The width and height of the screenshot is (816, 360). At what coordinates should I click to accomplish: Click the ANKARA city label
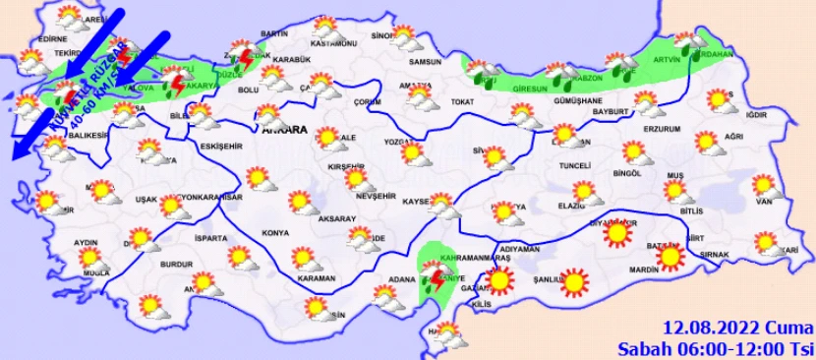(284, 129)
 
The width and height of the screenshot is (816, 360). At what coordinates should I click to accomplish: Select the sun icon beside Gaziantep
(500, 281)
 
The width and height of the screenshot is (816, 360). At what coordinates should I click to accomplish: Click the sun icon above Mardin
(670, 258)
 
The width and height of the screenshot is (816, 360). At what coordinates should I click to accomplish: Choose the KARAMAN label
(316, 279)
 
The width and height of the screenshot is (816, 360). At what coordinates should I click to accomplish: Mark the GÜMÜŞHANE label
(578, 100)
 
